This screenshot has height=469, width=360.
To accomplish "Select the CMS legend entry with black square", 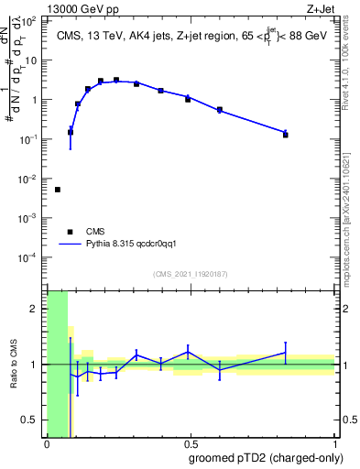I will [71, 232].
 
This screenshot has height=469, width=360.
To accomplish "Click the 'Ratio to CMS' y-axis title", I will [15, 363].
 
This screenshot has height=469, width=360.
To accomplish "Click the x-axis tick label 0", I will [47, 444].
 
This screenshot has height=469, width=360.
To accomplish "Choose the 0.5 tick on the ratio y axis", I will [34, 420].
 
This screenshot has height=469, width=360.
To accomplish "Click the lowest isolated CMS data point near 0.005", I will [58, 190].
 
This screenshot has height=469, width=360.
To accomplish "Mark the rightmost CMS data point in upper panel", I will [286, 135].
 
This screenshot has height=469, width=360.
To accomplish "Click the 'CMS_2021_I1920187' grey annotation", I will [191, 273].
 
